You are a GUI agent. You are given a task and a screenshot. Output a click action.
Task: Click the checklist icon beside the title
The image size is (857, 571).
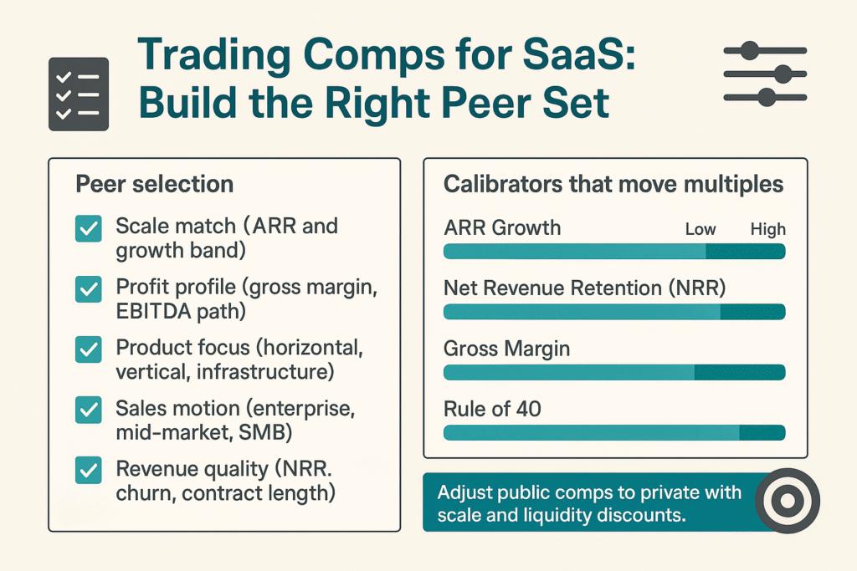coord(79,94)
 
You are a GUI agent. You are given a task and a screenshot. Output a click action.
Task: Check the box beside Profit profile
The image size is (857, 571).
coord(88,289)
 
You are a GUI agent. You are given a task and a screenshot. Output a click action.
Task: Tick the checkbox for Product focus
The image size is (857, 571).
coord(88,349)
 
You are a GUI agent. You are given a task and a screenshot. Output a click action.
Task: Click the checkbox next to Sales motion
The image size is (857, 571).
coord(88,410)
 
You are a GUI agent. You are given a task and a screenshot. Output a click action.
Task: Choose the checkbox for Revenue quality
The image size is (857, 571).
coord(88,471)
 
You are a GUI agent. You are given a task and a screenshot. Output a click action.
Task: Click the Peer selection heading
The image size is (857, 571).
coord(155,184)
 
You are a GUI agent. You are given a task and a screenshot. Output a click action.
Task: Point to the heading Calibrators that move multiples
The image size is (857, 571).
coord(613,184)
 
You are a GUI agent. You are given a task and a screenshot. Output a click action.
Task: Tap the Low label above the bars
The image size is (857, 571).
coord(700,229)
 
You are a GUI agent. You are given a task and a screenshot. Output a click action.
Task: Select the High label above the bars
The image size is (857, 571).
coord(767,229)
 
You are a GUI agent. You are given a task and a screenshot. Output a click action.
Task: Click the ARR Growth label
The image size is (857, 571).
coord(501,228)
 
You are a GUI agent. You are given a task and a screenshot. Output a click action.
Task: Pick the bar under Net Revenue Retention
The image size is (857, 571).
coord(613,312)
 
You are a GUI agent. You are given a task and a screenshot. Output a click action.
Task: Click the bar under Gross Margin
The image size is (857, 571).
coord(613,372)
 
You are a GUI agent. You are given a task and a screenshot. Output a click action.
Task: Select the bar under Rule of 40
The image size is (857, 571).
coord(613,432)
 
